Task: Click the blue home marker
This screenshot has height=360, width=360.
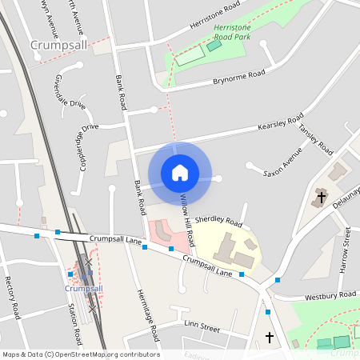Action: pyautogui.click(x=180, y=172)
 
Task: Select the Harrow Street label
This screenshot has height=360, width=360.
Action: pyautogui.click(x=345, y=250)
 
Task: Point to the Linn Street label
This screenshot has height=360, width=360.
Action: pyautogui.click(x=202, y=326)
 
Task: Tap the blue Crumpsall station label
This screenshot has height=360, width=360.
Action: pyautogui.click(x=83, y=288)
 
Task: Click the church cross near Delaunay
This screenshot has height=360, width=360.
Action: pyautogui.click(x=322, y=197)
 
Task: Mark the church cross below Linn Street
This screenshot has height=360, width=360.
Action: pyautogui.click(x=269, y=338)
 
